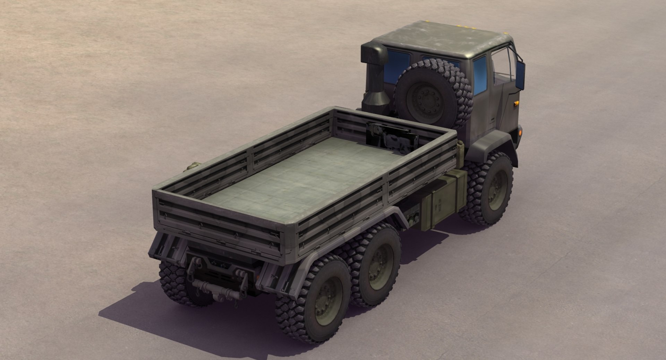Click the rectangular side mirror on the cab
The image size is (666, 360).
pyautogui.click(x=520, y=75)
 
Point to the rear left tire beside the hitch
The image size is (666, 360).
pyautogui.click(x=177, y=281)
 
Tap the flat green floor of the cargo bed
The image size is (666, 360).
pyautogui.click(x=305, y=173)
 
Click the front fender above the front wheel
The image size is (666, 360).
pyautogui.click(x=493, y=142)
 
